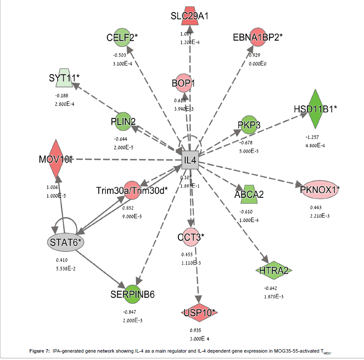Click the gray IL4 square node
pos(190,161)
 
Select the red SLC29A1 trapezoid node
pos(190,16)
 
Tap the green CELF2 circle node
pos(122,37)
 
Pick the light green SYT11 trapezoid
pos(64,78)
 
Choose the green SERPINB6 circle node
pos(132,295)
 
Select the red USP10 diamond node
pos(199,312)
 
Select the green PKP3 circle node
pos(249,125)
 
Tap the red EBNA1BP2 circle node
pos(257,37)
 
